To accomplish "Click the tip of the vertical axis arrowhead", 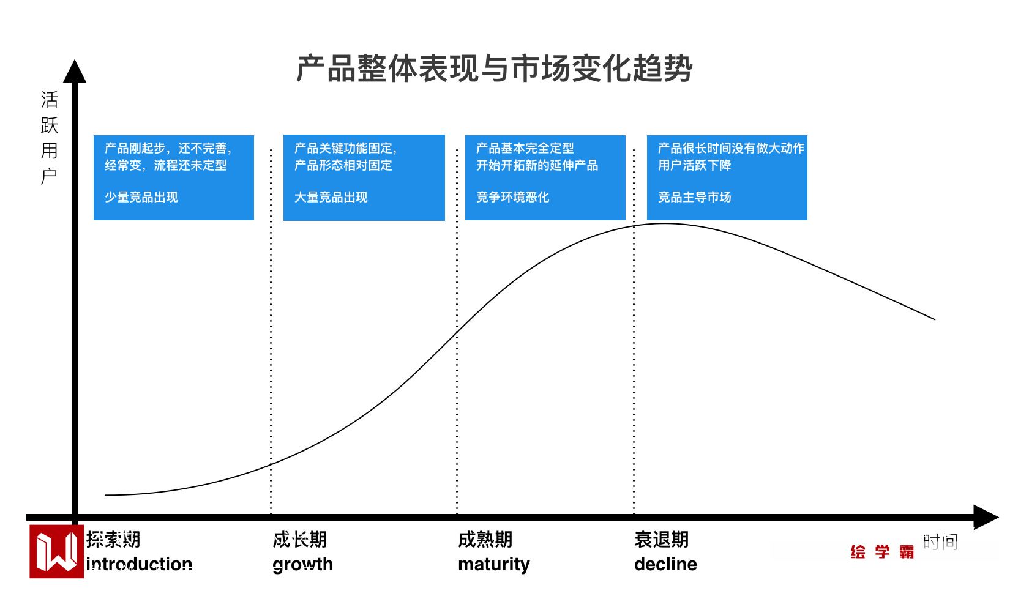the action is [75, 60].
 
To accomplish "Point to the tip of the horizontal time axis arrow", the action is [998, 517].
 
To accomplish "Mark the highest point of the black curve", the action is [664, 223].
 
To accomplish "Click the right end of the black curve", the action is [935, 319].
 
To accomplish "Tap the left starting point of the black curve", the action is [105, 495].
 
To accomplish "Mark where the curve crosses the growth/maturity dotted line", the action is [457, 332].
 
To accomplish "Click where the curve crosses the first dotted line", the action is [271, 464].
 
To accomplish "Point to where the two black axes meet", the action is [75, 517].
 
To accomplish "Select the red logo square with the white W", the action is [56, 551].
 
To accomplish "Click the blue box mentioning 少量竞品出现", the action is [174, 177].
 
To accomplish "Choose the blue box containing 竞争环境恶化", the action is [545, 177].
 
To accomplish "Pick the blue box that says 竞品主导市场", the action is [727, 177].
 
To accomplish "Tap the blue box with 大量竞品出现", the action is [364, 177].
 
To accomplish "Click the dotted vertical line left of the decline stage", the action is [634, 330].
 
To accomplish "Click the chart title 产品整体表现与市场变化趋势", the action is [494, 69].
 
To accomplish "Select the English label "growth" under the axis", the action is [303, 565].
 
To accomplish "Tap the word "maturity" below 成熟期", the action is [494, 565].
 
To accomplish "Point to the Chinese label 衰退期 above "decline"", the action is [662, 540].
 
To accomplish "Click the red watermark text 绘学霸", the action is [882, 551].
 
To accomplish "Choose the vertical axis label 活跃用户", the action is [49, 138].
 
